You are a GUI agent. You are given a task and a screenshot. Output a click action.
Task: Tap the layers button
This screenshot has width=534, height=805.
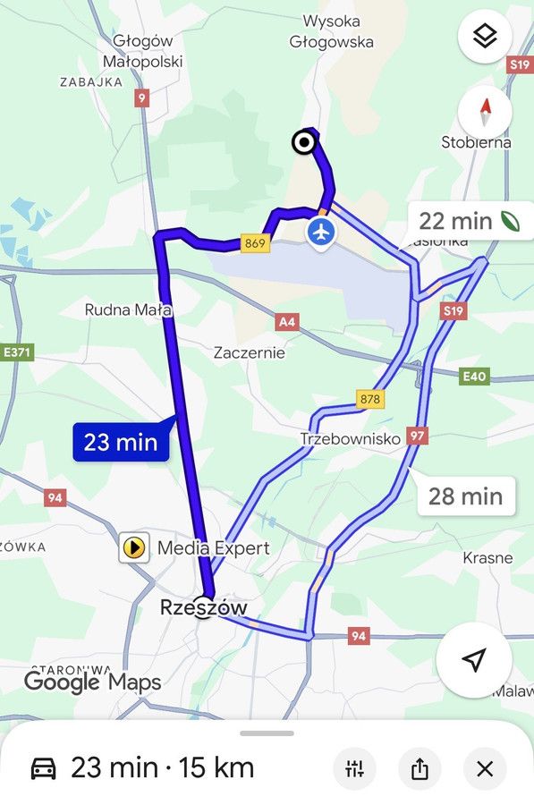(x=485, y=37)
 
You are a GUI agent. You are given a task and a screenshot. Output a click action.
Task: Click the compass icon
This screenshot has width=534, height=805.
(x=485, y=113)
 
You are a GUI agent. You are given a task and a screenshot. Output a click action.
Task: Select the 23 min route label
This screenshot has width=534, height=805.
(x=121, y=442)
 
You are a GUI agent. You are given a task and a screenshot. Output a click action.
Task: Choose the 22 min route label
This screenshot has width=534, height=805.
(x=468, y=221)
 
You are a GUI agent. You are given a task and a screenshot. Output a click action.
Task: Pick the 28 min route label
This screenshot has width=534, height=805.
(x=465, y=496)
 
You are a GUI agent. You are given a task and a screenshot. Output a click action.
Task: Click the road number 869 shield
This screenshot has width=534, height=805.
(x=255, y=242)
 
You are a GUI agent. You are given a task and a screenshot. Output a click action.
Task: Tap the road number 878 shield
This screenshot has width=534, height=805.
(x=369, y=399)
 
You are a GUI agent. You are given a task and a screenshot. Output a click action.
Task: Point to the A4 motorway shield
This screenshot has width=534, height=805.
(x=287, y=321)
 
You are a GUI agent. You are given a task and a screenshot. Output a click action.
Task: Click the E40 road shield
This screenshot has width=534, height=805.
(x=474, y=377)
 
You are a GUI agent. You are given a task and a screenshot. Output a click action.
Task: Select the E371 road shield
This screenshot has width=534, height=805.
(x=16, y=352)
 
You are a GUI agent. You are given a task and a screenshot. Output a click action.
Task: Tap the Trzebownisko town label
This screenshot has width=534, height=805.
(x=350, y=439)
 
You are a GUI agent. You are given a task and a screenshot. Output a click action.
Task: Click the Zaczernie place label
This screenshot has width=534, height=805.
(x=250, y=352)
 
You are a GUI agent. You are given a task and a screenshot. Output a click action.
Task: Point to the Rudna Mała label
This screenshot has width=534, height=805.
(x=128, y=309)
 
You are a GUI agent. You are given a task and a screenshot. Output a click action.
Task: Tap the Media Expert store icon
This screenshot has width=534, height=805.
(x=134, y=547)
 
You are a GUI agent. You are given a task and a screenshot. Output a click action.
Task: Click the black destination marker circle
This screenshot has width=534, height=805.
(x=304, y=142)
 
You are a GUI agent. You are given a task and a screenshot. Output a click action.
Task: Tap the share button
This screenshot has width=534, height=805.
(x=420, y=768)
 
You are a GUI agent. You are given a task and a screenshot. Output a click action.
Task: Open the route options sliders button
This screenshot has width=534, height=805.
(x=354, y=768)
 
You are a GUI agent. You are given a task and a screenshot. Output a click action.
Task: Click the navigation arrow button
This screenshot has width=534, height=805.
(x=474, y=660)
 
